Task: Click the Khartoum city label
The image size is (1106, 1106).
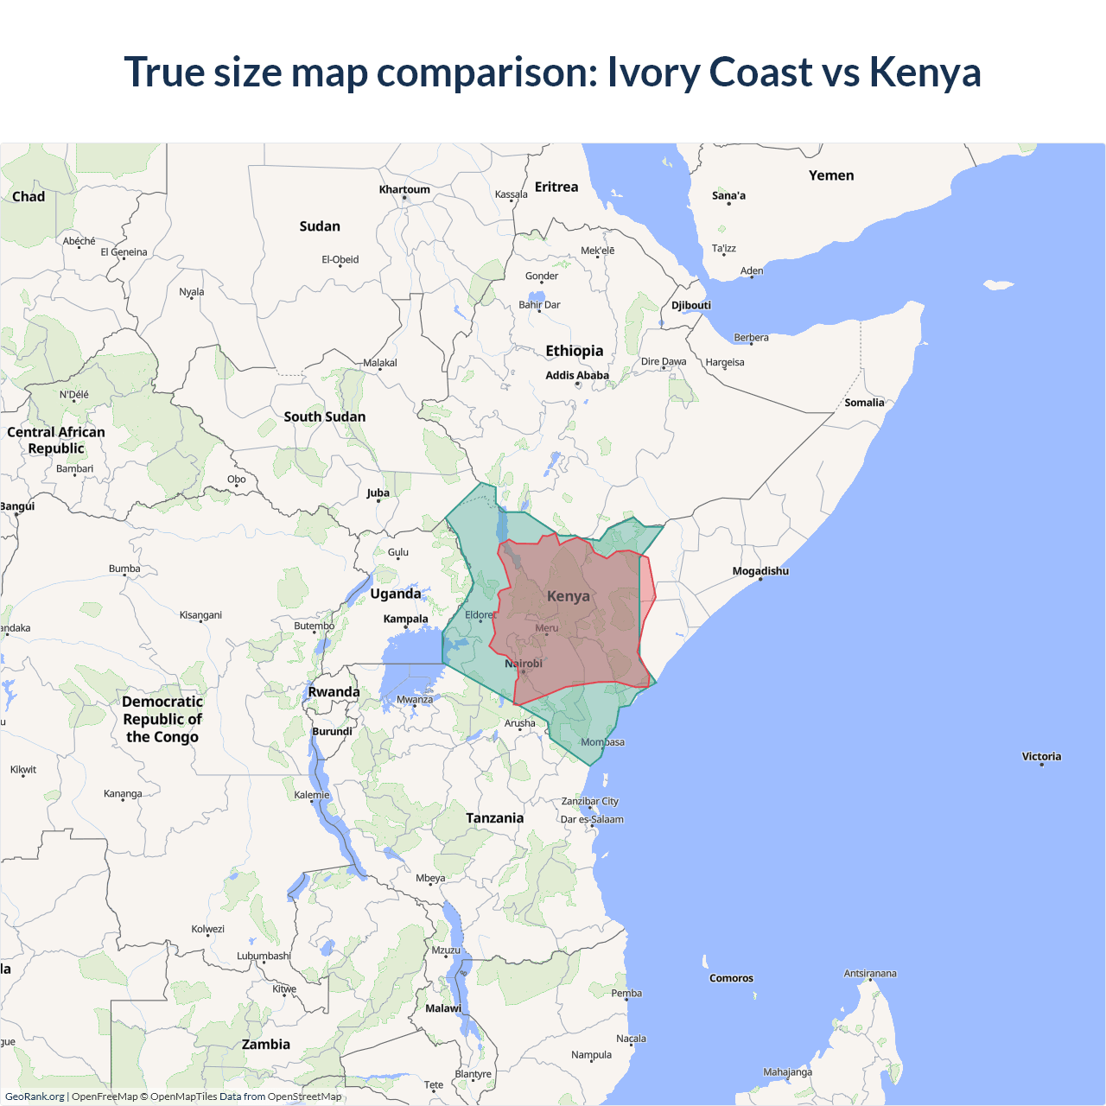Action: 404,189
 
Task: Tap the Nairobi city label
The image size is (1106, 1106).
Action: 524,664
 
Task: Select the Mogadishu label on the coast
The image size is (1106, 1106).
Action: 760,571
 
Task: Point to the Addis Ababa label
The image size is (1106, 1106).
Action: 577,375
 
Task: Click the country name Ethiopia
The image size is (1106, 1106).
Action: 575,351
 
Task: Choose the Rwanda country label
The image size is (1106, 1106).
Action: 334,692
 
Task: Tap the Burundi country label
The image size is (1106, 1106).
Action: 333,731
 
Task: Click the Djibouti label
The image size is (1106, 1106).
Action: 691,305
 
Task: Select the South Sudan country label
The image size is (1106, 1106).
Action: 325,416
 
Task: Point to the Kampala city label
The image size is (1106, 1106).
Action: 405,619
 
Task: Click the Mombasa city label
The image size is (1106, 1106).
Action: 602,742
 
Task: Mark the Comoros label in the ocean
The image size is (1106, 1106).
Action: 731,978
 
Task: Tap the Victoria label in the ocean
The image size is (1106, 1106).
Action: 1041,756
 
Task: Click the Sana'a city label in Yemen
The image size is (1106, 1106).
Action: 728,195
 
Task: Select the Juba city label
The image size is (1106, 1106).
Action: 378,493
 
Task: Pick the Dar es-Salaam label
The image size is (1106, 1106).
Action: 592,819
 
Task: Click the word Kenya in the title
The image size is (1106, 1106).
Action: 925,72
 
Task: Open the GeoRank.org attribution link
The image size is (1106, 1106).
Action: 35,1096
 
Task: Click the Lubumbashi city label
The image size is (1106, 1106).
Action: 264,956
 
